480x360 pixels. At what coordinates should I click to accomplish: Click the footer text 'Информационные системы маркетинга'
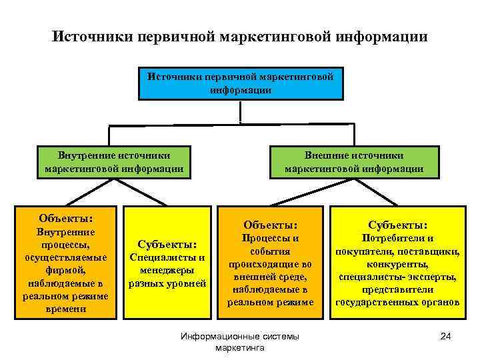240,343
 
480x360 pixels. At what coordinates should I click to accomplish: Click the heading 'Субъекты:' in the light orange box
167,244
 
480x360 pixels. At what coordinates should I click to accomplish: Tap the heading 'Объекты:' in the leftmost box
65,218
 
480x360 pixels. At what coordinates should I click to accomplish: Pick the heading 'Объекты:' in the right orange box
270,225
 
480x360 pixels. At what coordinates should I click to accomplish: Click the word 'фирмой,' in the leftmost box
65,271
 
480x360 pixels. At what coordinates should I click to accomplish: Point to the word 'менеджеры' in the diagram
167,270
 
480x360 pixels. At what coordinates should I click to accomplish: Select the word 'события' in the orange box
270,251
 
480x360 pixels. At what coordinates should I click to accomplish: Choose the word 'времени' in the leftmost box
65,309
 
